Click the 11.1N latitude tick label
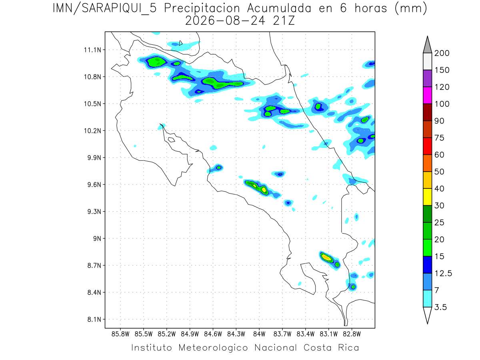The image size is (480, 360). pyautogui.click(x=92, y=50)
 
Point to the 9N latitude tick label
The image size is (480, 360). pyautogui.click(x=97, y=238)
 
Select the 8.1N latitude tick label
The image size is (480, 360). pyautogui.click(x=94, y=319)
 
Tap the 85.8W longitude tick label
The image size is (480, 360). pyautogui.click(x=120, y=334)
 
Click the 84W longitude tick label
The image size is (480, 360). pyautogui.click(x=259, y=334)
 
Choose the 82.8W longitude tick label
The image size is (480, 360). pyautogui.click(x=352, y=334)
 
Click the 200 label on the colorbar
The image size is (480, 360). pyautogui.click(x=442, y=53)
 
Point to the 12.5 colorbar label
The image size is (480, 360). pyautogui.click(x=443, y=273)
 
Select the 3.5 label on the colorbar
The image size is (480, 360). pyautogui.click(x=440, y=307)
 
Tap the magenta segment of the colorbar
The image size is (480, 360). pyautogui.click(x=427, y=95)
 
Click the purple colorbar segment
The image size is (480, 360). pyautogui.click(x=427, y=78)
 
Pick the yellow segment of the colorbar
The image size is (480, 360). pyautogui.click(x=427, y=197)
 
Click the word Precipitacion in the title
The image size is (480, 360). pyautogui.click(x=202, y=8)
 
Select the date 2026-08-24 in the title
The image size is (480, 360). pyautogui.click(x=225, y=21)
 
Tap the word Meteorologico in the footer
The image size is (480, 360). pyautogui.click(x=213, y=348)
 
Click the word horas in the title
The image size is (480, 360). pyautogui.click(x=371, y=8)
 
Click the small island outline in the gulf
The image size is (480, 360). pyautogui.click(x=172, y=140)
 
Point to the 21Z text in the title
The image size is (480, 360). pyautogui.click(x=284, y=21)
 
